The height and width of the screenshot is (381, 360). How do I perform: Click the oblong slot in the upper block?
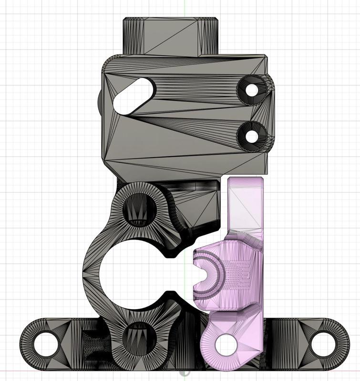pos(133,95)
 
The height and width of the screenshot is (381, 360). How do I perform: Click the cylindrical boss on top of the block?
pos(171,35)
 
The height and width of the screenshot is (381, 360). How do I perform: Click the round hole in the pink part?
pos(226,344)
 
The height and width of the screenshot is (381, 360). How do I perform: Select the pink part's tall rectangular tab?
pos(246,202)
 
